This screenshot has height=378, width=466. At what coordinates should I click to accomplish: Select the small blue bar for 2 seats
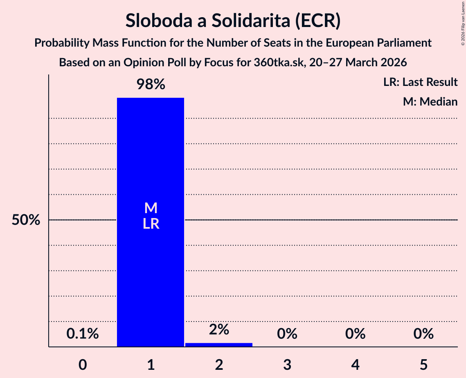click(219, 345)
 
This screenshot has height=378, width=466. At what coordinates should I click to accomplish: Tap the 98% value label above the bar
click(151, 84)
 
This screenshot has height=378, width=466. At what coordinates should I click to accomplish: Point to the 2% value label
click(219, 329)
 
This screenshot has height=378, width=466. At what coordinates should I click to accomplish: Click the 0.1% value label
click(83, 334)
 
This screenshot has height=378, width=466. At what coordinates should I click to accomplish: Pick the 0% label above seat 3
click(287, 334)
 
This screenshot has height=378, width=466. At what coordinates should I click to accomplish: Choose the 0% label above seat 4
click(355, 334)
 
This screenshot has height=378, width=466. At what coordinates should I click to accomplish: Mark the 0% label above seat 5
click(423, 334)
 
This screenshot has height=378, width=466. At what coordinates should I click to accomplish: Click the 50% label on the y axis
click(26, 220)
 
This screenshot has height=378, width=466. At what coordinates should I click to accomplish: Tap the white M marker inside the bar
click(151, 208)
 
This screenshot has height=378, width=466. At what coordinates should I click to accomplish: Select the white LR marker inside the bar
click(151, 224)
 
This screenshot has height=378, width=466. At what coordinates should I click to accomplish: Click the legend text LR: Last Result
click(420, 82)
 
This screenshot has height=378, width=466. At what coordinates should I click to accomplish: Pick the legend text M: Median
click(430, 101)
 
